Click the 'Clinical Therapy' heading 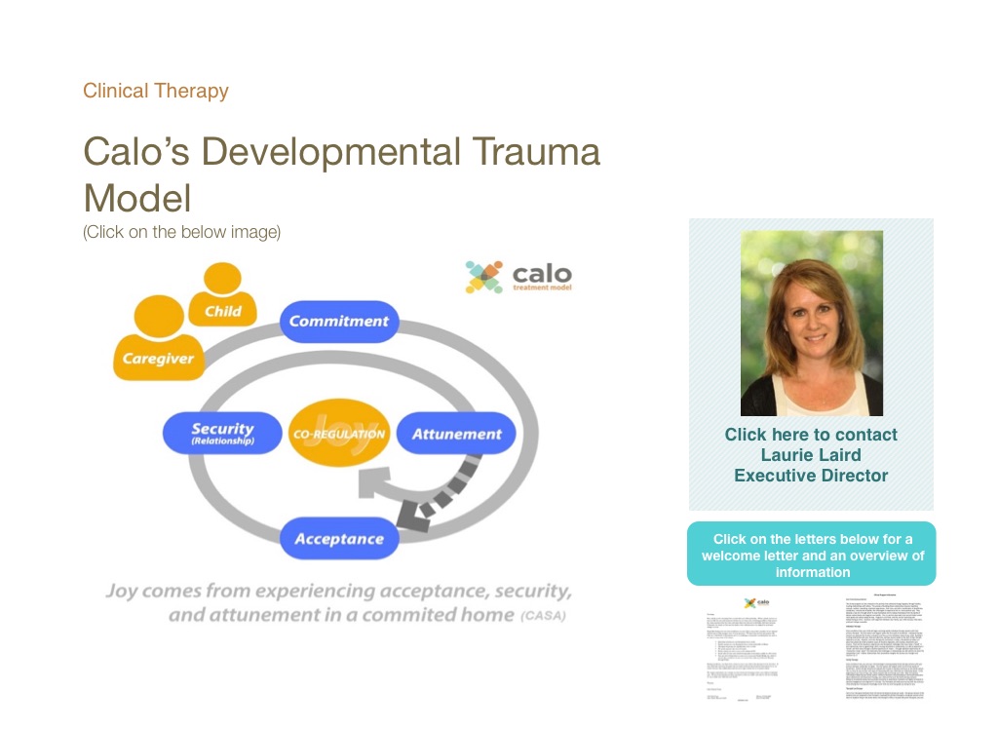tap(156, 92)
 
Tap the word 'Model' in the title tap(136, 198)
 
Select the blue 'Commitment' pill tap(339, 322)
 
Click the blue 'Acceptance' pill tap(339, 539)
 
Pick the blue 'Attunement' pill tap(456, 434)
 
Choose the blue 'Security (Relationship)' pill tap(222, 434)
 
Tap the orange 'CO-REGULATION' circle tap(339, 434)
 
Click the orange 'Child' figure tap(223, 297)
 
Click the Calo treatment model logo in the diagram tap(518, 277)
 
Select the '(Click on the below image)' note tap(182, 233)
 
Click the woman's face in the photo tap(809, 312)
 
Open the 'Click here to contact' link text tap(811, 435)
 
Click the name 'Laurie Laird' tap(811, 455)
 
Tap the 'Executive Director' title tap(811, 476)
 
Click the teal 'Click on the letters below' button tap(812, 555)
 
